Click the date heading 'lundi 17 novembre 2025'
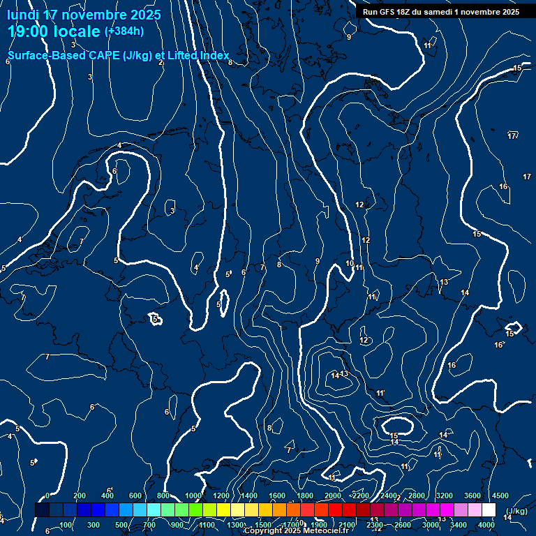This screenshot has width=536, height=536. click(84, 15)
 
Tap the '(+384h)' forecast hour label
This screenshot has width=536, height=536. click(124, 31)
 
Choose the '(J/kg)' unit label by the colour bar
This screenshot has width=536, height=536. click(515, 511)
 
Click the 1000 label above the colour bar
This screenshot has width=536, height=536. click(193, 496)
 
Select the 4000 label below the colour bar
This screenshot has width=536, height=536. click(486, 525)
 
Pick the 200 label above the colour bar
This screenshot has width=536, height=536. click(80, 496)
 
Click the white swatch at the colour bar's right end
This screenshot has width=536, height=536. click(489, 510)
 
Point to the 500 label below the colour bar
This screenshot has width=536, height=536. click(121, 525)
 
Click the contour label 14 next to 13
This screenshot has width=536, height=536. click(336, 375)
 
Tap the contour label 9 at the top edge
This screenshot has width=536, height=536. click(349, 37)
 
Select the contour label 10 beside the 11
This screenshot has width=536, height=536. click(350, 263)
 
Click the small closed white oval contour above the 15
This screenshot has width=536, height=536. click(396, 424)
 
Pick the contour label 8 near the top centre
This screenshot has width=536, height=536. click(230, 62)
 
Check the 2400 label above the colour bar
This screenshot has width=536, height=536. click(389, 496)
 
